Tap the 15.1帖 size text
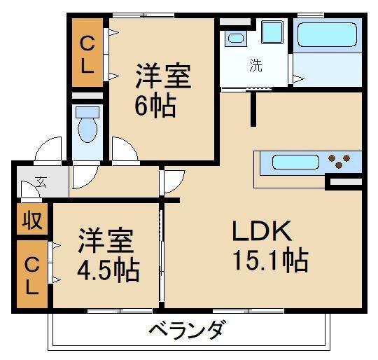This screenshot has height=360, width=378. coord(270,261)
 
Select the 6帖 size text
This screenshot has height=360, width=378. coord(155,107)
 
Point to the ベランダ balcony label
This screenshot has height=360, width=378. coord(187,328)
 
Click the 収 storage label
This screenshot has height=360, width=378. coord(31,221)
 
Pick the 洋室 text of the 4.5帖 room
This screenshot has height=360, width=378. coord(104,240)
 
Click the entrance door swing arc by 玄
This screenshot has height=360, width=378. coord(31,191)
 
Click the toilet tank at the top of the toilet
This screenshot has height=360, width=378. coord(87,112)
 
